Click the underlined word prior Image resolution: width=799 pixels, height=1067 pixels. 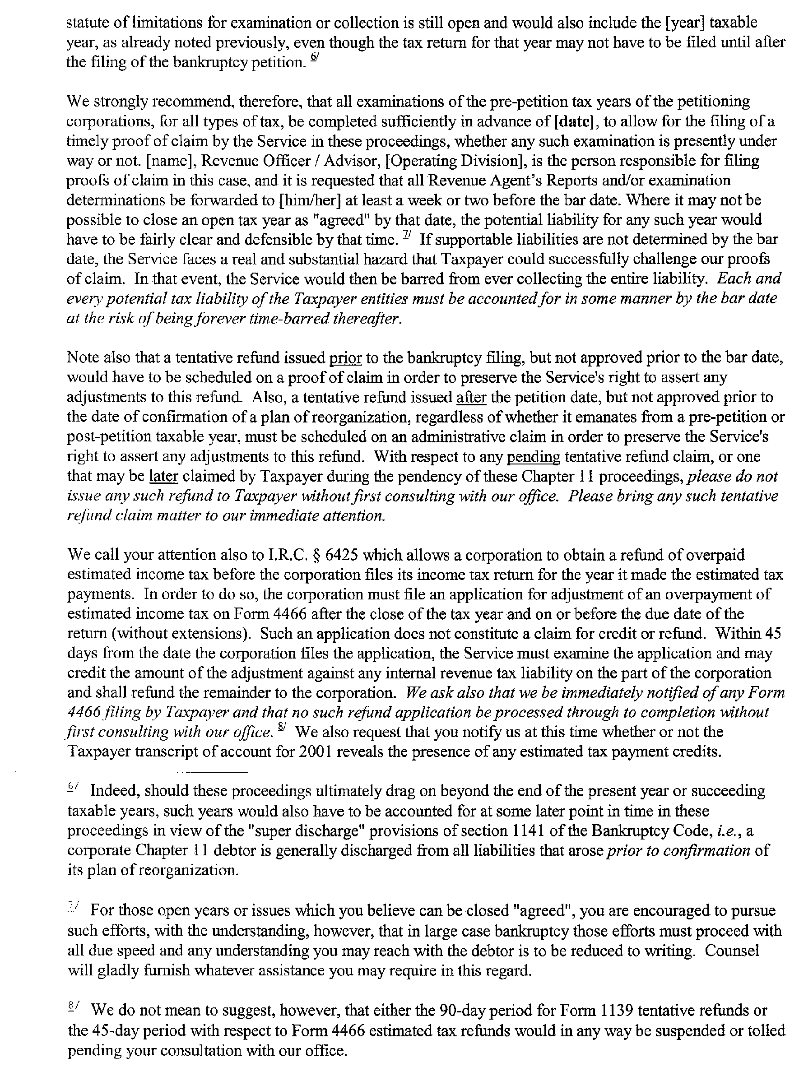click(x=345, y=358)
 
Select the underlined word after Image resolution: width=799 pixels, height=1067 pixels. click(x=471, y=398)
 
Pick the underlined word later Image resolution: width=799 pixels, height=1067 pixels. click(x=164, y=477)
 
